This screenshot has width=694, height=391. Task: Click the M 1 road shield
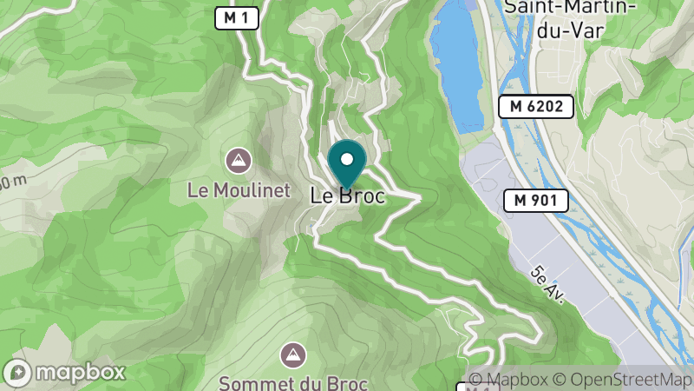pos(237,17)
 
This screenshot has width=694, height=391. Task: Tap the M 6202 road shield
pos(535,107)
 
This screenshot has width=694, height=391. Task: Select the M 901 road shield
pos(535,201)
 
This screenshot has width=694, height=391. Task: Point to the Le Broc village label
pos(347,196)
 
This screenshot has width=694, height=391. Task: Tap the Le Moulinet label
pos(238,190)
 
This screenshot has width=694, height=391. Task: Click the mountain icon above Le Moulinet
pos(238,160)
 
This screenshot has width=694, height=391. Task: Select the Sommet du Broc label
pos(293,382)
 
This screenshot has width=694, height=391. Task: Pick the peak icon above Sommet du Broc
pos(293,354)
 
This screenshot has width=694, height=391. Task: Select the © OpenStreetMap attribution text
pos(621,380)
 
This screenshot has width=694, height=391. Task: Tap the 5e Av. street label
pos(548,284)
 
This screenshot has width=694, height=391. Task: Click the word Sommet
pos(253,382)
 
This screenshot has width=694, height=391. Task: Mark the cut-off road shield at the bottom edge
pos(468,387)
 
